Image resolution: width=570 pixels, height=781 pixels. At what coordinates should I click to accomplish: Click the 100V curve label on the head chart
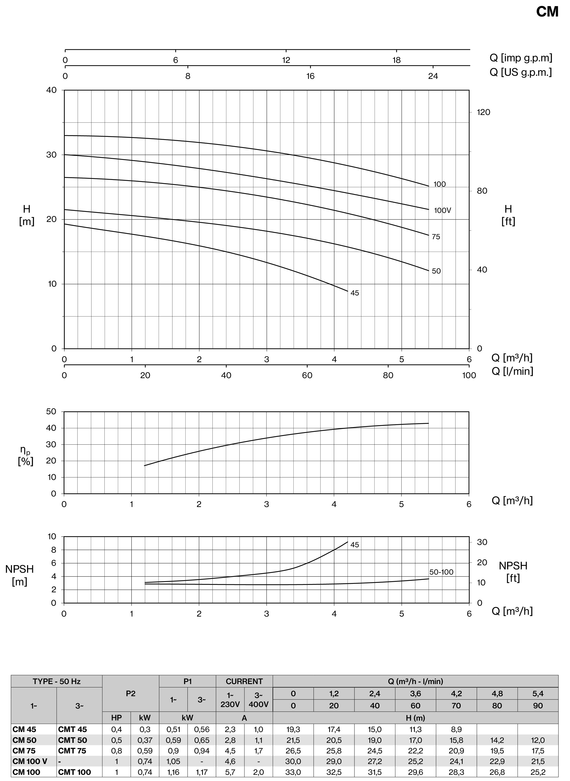pos(442,210)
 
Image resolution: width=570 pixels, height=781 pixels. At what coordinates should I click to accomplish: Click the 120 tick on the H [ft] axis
pos(483,112)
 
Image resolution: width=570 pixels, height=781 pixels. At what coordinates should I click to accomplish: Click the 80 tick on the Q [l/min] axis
pos(388,375)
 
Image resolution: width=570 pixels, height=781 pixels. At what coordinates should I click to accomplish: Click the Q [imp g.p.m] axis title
pos(521,58)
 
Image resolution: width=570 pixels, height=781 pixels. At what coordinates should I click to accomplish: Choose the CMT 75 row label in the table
pos(72,751)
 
